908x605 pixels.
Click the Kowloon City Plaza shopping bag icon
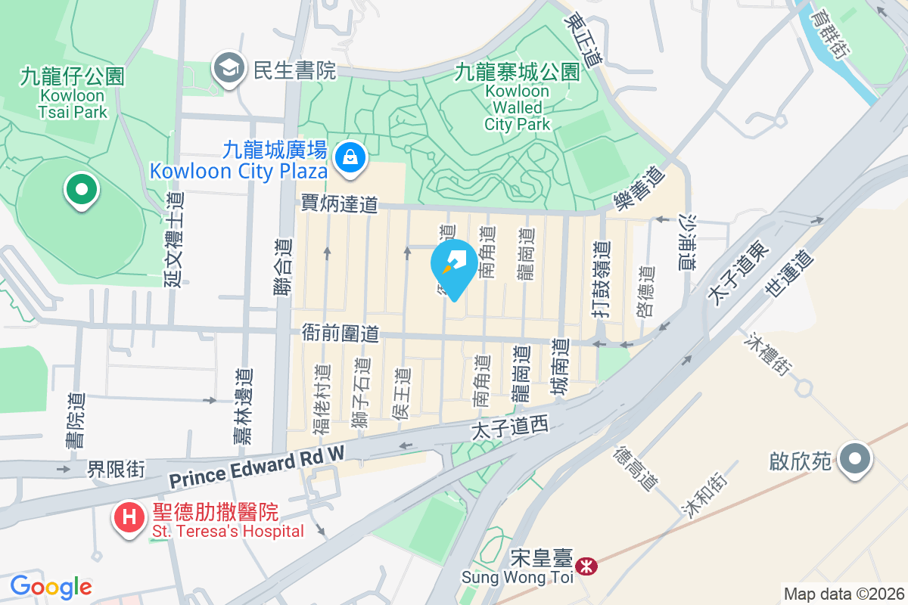[x=350, y=157]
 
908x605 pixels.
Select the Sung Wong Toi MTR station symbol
[x=586, y=566]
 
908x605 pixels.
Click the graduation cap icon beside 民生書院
[x=228, y=70]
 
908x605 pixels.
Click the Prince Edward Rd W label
[x=257, y=467]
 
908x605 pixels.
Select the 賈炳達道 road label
[x=339, y=203]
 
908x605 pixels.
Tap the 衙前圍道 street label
[x=339, y=333]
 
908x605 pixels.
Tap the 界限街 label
[x=116, y=470]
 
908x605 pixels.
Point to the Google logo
[x=51, y=586]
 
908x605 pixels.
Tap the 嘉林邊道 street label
[x=242, y=406]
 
